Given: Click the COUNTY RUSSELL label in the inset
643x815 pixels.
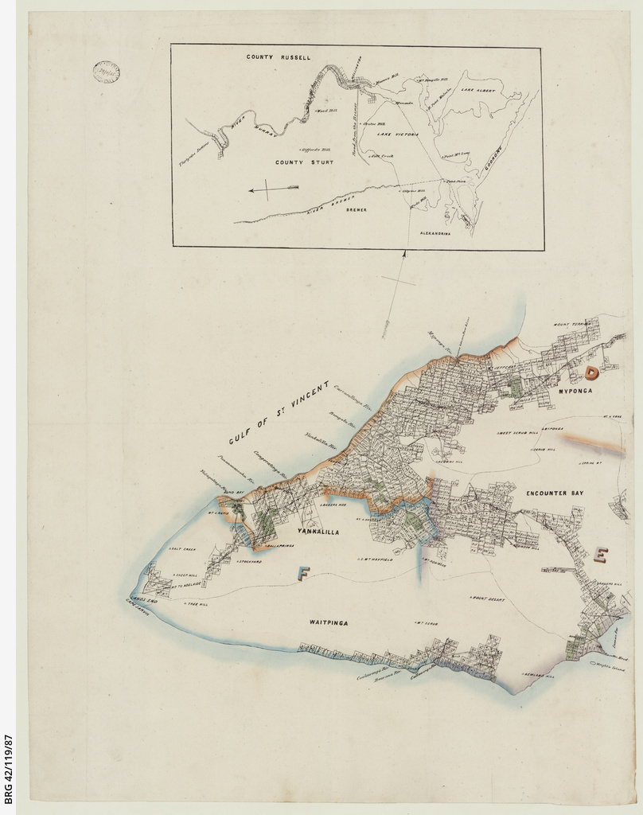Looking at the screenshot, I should (x=278, y=58).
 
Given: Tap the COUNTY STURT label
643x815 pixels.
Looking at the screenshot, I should (x=304, y=162).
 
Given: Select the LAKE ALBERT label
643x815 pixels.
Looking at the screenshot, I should (x=478, y=91).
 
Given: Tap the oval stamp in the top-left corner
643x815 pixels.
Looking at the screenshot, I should (x=106, y=72).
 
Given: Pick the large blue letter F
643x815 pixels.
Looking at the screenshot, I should (x=302, y=571).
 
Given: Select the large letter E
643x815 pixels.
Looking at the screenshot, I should (x=601, y=554).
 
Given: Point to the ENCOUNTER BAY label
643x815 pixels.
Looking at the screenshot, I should (x=554, y=493).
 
